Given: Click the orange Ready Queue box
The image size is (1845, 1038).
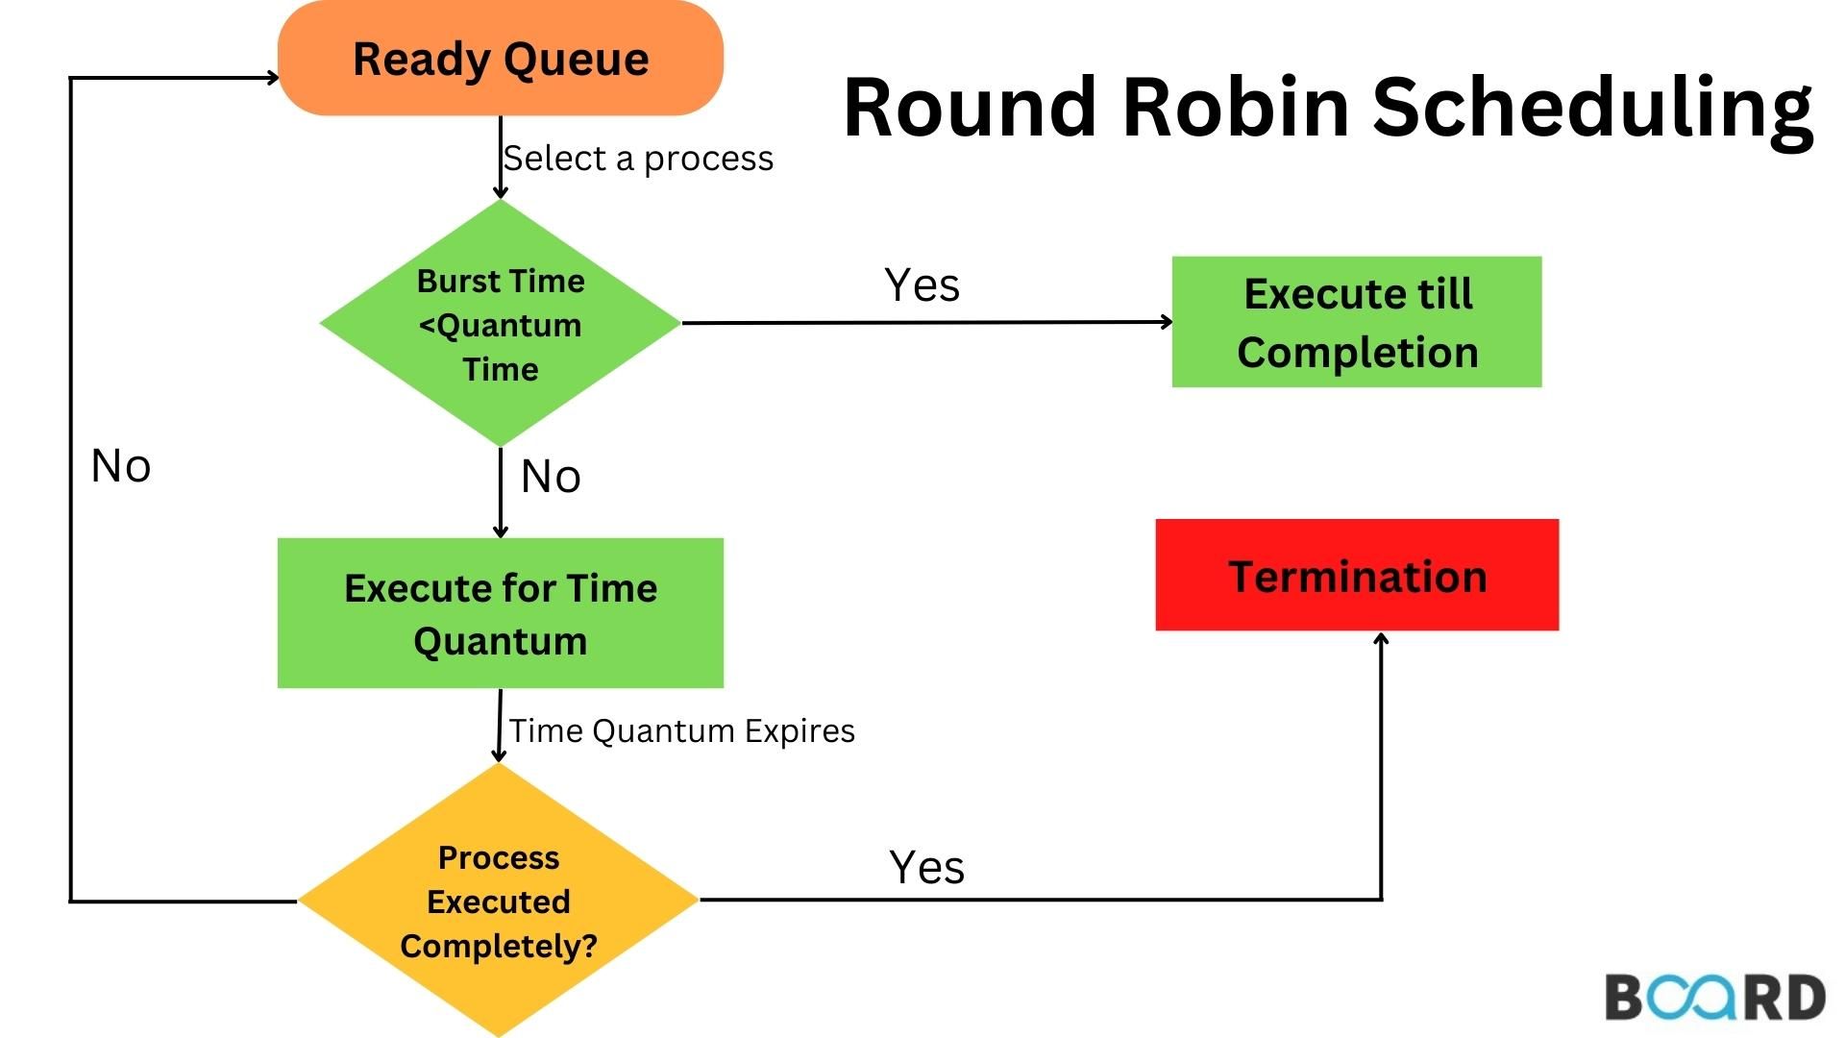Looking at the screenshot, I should coord(500,60).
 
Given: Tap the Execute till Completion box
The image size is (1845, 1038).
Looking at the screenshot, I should coord(1356,322).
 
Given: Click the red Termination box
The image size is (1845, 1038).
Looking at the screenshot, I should coord(1356,576).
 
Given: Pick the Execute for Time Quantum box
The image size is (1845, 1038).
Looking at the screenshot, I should coord(500,613).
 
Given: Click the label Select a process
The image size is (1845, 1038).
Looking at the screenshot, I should coord(638,159).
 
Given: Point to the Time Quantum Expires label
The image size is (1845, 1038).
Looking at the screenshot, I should coord(681,730).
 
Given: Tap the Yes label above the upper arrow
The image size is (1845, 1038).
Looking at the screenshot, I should coord(922,285).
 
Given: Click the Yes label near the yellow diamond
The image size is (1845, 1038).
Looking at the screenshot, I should coord(926,867).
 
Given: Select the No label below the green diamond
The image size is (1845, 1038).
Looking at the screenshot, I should coord(551,477).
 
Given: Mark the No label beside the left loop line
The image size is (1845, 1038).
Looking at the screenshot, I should coord(121,467).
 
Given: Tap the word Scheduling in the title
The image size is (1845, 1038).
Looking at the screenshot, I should coord(1591,109).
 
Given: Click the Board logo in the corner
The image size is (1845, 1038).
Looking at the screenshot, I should coord(1714,997).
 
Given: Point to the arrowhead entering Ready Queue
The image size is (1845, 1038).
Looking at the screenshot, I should coord(273,78).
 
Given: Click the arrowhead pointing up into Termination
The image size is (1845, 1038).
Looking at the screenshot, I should coord(1381,639).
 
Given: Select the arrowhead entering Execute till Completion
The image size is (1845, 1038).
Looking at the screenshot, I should coord(1167,322).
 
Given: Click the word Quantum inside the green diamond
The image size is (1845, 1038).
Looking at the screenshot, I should coord(507,326).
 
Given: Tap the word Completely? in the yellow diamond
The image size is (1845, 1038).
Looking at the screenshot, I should coord(499,946).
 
